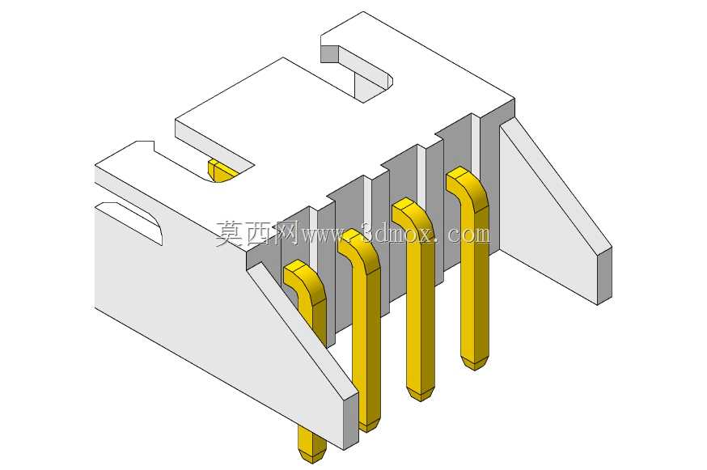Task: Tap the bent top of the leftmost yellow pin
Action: pyautogui.click(x=305, y=280)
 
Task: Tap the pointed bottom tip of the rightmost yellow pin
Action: pyautogui.click(x=475, y=368)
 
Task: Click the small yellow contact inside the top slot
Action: pyautogui.click(x=221, y=171)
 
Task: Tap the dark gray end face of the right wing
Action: pyautogui.click(x=604, y=276)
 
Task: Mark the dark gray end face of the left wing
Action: pyautogui.click(x=351, y=421)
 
